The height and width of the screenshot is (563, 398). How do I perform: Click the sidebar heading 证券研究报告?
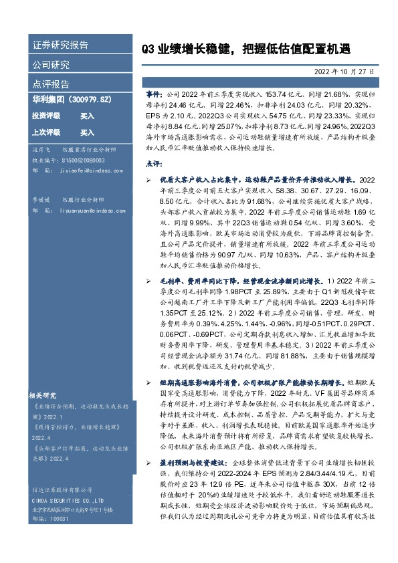60,45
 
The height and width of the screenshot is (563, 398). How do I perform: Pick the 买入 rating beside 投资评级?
87,116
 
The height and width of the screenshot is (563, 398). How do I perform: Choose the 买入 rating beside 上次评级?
87,132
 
